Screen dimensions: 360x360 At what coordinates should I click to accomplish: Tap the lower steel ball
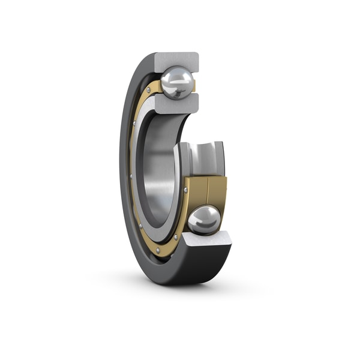[204, 220]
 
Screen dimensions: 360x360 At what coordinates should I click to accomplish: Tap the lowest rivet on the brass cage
[157, 249]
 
